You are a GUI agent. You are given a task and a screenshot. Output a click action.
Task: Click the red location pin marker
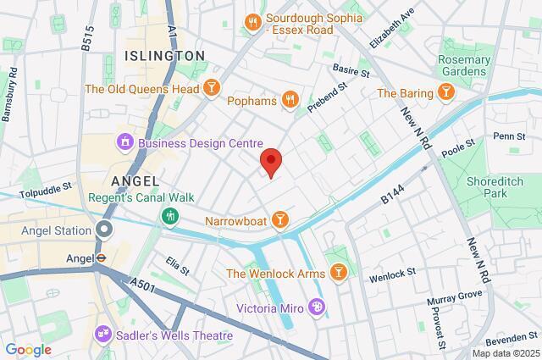pyautogui.click(x=271, y=161)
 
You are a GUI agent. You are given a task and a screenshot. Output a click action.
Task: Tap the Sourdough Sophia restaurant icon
pyautogui.click(x=252, y=21)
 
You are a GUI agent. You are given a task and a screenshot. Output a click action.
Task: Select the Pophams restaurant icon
pyautogui.click(x=290, y=101)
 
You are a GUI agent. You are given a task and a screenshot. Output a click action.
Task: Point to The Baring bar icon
pyautogui.click(x=444, y=92)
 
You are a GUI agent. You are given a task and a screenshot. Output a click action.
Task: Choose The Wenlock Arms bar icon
pyautogui.click(x=338, y=272)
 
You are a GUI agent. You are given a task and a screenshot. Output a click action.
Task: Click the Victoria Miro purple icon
pyautogui.click(x=317, y=306)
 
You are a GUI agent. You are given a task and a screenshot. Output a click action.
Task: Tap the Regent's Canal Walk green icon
pyautogui.click(x=169, y=215)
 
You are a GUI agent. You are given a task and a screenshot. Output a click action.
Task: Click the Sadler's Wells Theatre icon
pyautogui.click(x=104, y=335)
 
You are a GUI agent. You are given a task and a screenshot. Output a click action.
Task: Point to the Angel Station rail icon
pyautogui.click(x=103, y=230)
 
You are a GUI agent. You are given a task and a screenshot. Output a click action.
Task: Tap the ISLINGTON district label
pyautogui.click(x=164, y=55)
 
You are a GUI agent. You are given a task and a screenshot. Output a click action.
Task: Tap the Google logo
pyautogui.click(x=27, y=349)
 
